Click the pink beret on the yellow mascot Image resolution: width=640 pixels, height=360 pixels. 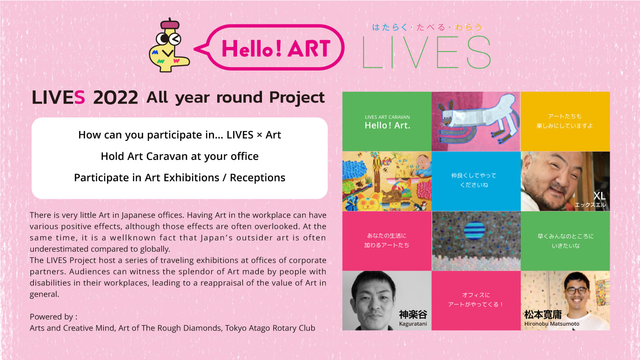[x=170, y=24]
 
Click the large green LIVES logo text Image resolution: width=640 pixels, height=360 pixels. [x=426, y=52]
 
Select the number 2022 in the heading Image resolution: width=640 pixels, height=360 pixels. [x=116, y=98]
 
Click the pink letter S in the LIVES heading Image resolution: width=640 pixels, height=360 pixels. [x=79, y=98]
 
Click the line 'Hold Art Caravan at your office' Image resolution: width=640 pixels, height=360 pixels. [x=180, y=156]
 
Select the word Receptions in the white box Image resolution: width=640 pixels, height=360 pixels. [x=257, y=178]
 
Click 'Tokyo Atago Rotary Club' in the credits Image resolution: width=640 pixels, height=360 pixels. [x=270, y=328]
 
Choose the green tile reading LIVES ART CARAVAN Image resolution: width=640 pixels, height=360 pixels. [x=387, y=122]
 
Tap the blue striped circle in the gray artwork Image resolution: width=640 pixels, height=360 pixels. [x=475, y=230]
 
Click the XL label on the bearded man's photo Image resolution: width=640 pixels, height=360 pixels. [x=599, y=196]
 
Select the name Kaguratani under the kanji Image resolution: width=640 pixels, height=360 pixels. [x=413, y=324]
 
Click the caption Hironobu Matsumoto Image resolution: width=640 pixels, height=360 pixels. [x=552, y=324]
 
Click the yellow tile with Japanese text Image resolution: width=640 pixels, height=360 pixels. [x=565, y=122]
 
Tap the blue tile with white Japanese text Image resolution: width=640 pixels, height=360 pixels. [x=476, y=181]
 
